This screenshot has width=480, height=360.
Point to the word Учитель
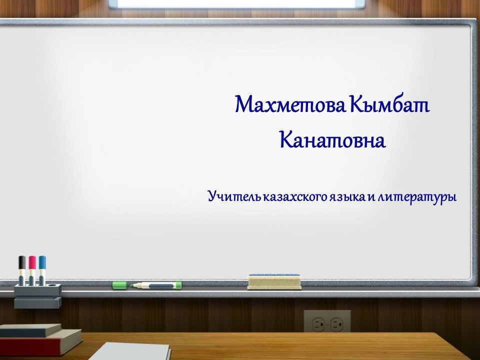(x=234, y=196)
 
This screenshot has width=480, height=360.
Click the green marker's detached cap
(x=119, y=285)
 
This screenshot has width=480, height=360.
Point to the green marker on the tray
(x=156, y=285)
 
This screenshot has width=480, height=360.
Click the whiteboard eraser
(x=274, y=281)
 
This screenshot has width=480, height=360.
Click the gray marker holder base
(x=37, y=296)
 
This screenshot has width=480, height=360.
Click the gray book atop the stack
(x=30, y=330)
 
